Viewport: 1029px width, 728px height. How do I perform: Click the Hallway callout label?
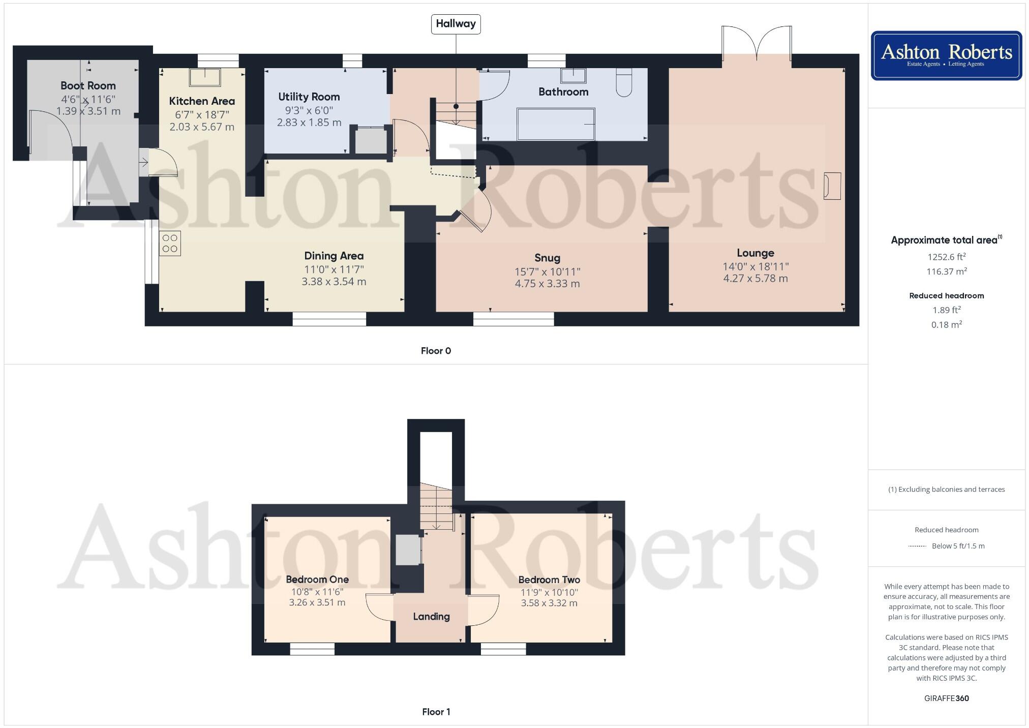point(456,24)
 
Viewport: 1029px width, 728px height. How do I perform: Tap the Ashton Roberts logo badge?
point(946,55)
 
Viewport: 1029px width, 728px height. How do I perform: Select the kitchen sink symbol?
point(205,77)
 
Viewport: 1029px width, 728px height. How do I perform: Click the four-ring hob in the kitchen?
point(170,244)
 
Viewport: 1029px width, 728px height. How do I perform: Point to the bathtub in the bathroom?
point(556,124)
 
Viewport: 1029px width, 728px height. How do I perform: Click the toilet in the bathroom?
point(624,82)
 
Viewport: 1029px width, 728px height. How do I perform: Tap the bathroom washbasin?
point(573,76)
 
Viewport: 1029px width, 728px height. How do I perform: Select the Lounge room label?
point(755,253)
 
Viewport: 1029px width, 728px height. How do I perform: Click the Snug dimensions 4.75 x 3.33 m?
point(547,284)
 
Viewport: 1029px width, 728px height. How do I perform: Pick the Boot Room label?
point(88,85)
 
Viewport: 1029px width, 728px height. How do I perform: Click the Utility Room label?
point(309,97)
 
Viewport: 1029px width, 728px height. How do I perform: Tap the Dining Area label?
point(334,256)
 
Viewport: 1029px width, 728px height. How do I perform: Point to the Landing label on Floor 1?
point(431,617)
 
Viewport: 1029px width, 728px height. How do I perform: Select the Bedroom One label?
point(317,579)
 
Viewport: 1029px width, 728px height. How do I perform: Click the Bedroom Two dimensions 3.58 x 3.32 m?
point(549,603)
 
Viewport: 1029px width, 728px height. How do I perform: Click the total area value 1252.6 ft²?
point(946,257)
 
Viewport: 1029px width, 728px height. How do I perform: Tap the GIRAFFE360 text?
point(946,699)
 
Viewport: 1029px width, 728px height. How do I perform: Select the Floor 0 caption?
point(436,351)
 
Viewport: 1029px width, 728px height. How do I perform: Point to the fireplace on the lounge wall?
point(832,186)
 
